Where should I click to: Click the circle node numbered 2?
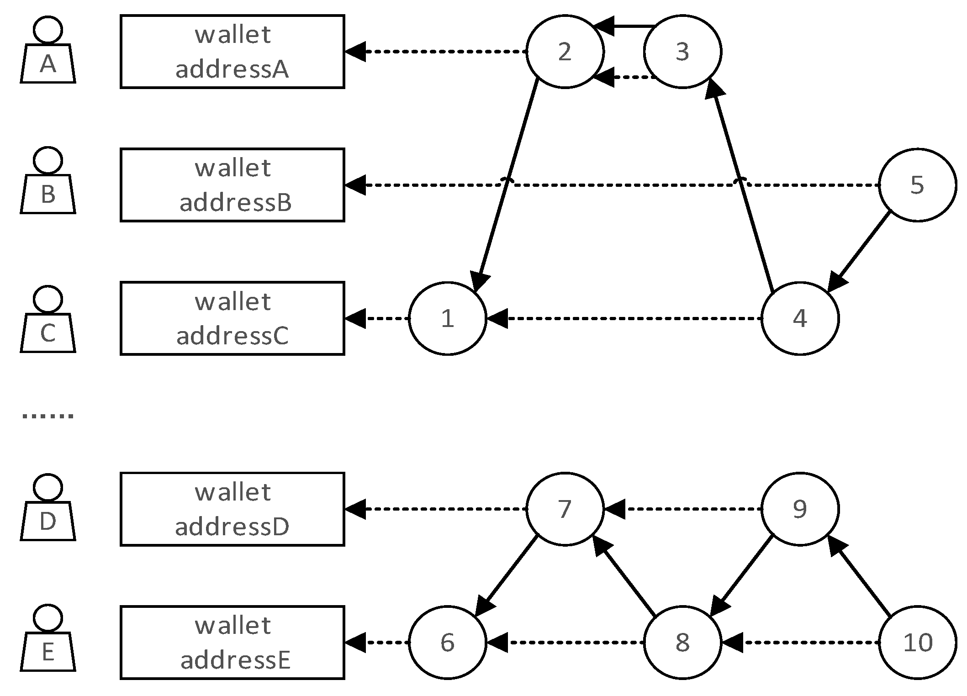565,52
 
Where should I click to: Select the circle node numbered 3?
682,52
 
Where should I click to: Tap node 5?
917,185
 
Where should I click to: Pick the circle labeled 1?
447,318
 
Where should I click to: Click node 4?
799,318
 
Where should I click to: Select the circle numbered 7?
565,509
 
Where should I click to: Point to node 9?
799,509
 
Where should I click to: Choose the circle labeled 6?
447,642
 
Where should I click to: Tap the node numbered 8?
682,642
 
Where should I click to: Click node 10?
917,642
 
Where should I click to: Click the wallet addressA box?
232,52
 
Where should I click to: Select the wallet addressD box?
232,509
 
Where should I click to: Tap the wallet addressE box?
232,642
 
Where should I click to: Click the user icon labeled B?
48,183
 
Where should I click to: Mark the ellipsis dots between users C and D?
48,416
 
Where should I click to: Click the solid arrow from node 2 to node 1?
507,183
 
